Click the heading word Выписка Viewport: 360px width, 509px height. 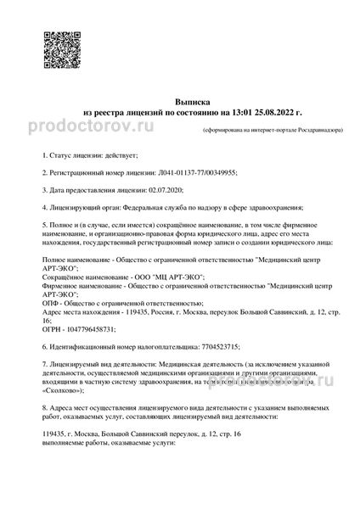(180, 99)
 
